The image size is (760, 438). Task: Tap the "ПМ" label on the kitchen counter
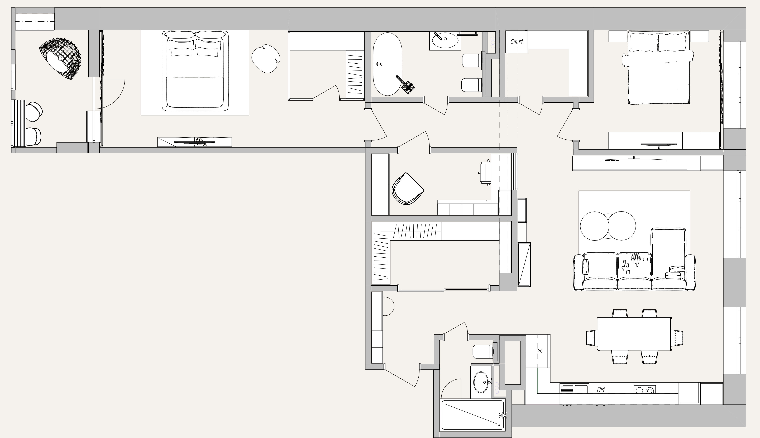pos(601,390)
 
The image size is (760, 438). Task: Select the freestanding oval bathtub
pos(388,64)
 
